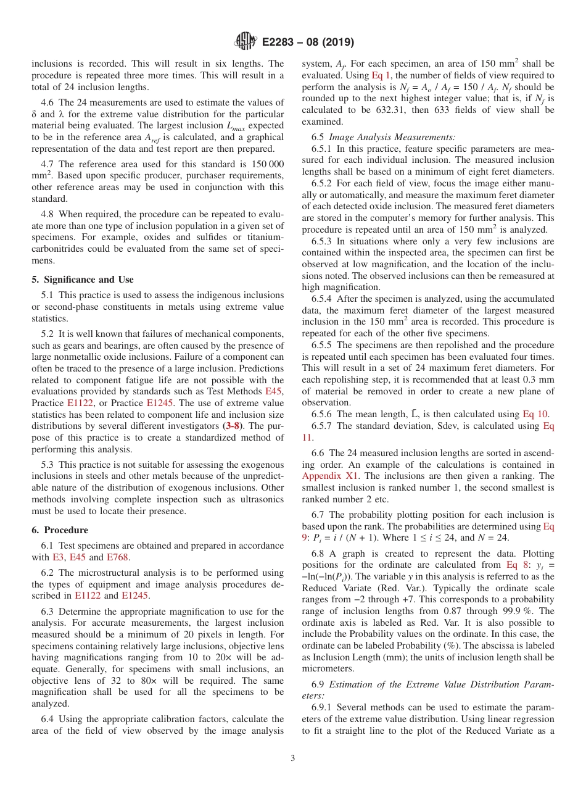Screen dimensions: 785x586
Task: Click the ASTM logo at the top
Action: point(246,42)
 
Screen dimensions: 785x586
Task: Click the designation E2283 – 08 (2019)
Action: point(308,43)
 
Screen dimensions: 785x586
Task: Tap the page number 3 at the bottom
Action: point(293,758)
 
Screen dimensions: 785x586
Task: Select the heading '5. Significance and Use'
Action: point(83,280)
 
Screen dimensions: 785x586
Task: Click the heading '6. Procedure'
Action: point(60,530)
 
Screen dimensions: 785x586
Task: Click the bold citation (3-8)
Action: point(233,426)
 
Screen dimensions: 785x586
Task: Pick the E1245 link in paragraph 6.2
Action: point(135,596)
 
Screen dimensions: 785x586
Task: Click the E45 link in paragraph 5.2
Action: point(274,391)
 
